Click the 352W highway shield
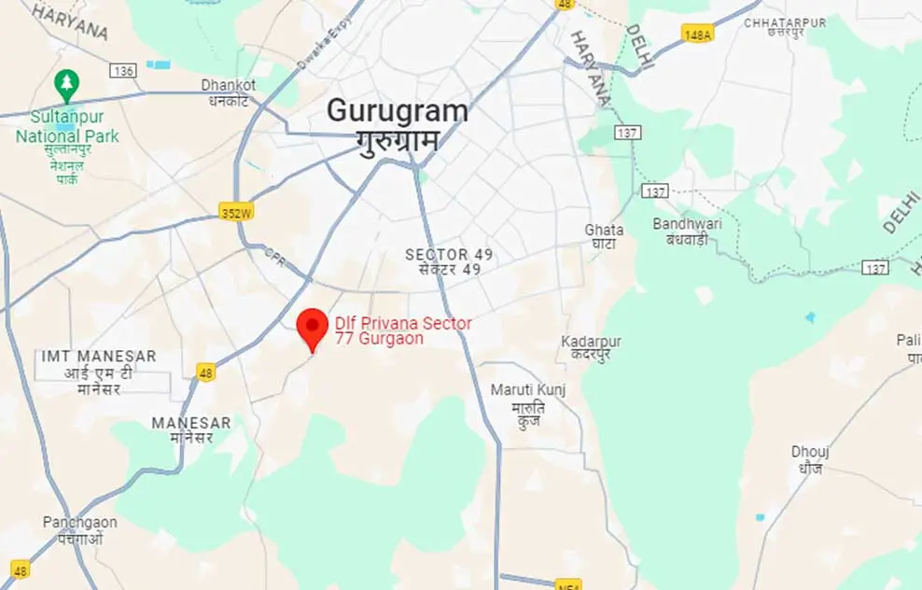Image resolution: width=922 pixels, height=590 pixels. point(237,213)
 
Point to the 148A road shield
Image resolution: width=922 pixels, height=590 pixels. point(697,34)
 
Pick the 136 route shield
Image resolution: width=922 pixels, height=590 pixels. point(123,71)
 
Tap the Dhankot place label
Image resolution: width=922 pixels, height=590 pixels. point(229,85)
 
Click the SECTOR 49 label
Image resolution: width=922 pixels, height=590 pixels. point(449,255)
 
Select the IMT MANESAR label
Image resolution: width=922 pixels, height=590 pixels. point(99,357)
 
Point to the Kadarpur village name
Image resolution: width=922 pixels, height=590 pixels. point(591,342)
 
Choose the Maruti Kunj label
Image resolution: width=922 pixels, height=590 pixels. point(527,389)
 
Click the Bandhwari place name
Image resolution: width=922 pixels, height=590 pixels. point(680,224)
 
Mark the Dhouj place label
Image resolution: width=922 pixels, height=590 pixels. point(810,452)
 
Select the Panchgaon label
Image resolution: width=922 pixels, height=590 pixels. point(80,522)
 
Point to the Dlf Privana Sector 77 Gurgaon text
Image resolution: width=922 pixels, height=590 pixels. point(403,330)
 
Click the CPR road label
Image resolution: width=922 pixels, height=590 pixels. point(273,254)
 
